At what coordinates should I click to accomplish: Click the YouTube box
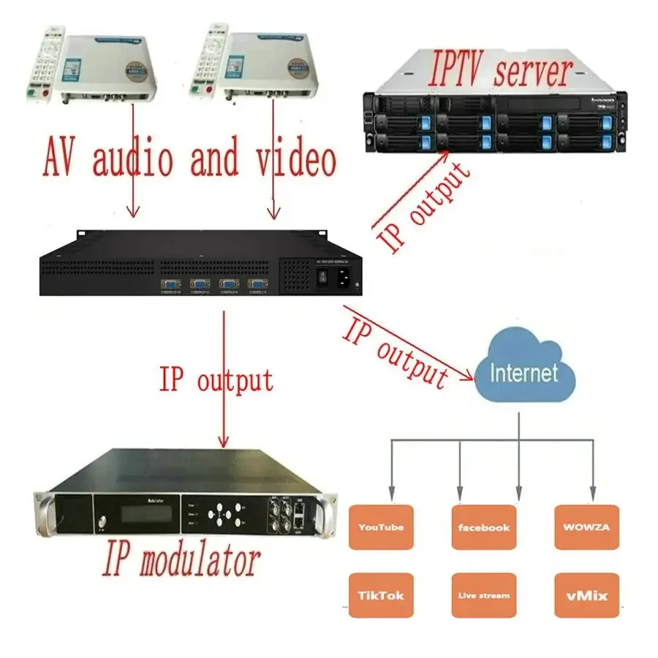381,527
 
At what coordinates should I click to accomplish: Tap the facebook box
483,527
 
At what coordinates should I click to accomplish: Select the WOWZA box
586,527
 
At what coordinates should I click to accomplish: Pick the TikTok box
381,596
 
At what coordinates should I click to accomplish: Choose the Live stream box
483,596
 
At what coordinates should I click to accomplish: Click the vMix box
586,596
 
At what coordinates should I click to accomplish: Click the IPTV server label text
501,72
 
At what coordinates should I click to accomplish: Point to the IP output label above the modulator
216,381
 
